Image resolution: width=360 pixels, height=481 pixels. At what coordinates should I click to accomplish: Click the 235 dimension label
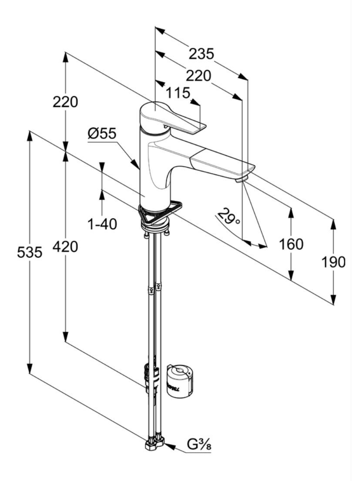click(202, 53)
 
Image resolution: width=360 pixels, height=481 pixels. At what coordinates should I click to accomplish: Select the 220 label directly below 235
click(198, 76)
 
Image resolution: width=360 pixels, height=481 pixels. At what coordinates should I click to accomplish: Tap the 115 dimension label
click(178, 93)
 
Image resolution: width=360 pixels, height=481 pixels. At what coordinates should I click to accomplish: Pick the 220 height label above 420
click(65, 102)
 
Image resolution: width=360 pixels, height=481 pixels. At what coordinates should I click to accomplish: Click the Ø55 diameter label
click(102, 134)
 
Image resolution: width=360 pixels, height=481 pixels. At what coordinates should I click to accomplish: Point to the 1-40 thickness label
click(102, 224)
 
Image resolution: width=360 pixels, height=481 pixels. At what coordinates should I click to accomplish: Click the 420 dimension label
click(65, 247)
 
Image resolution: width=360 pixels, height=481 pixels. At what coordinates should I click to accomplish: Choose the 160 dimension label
click(290, 244)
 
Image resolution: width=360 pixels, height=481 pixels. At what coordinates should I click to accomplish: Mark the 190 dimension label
click(333, 262)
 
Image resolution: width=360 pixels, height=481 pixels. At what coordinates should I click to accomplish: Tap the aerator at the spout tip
click(242, 178)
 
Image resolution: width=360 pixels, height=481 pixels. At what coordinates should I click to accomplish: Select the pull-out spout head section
click(220, 163)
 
